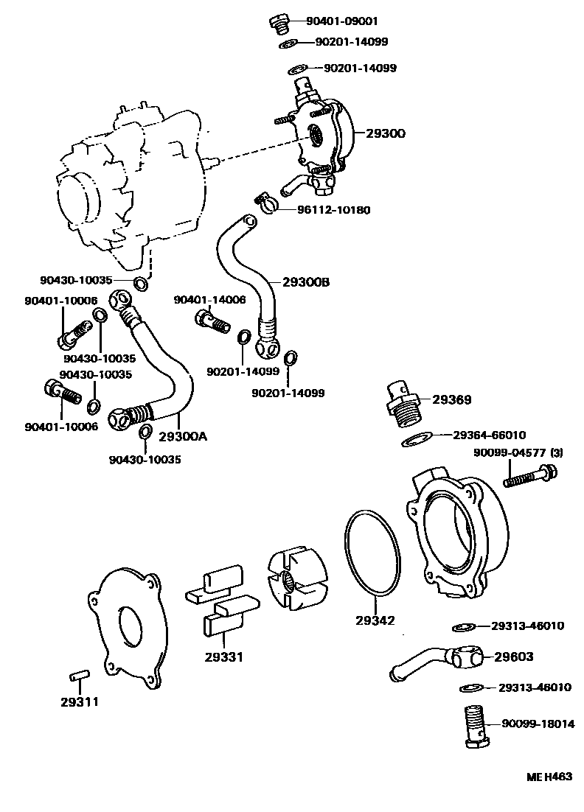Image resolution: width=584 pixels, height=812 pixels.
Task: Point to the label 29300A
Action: pos(182,436)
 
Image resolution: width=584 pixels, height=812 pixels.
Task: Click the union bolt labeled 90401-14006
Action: pos(211,321)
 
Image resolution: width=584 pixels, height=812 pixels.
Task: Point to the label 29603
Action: pos(514,657)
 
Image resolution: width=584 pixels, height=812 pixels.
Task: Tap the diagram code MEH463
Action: pos(549,777)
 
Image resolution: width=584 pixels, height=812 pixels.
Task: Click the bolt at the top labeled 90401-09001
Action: pos(279,23)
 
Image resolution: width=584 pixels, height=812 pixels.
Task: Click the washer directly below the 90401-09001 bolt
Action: pos(288,44)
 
